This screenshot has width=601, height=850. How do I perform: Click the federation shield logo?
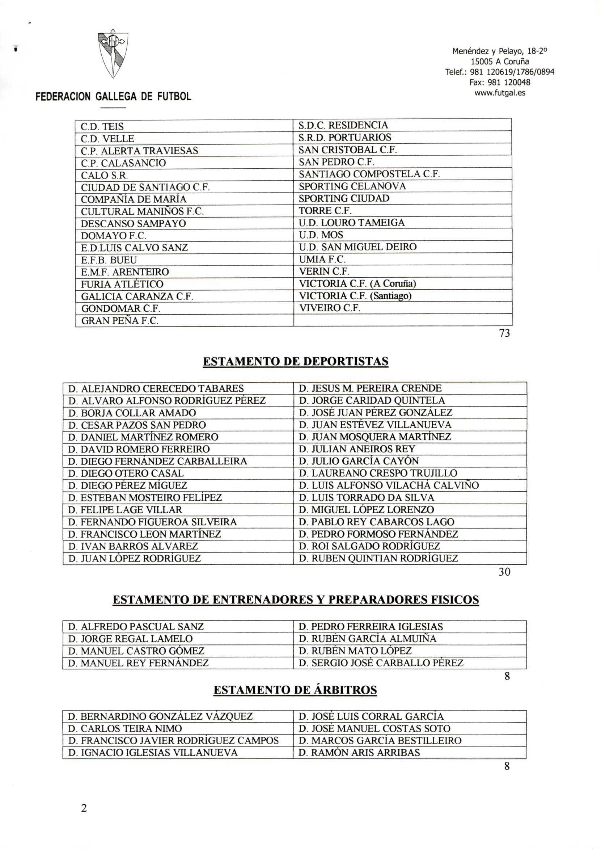pos(113,55)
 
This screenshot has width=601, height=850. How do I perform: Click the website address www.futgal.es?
pos(500,93)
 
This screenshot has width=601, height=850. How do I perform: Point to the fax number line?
pos(500,82)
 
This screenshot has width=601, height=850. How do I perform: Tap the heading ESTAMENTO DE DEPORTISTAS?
pos(296,361)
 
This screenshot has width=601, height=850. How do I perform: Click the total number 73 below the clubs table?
pos(504,333)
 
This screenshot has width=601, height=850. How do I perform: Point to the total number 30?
pos(504,572)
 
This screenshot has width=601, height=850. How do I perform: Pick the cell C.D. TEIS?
pos(102,127)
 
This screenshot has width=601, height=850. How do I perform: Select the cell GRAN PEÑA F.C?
pos(119,321)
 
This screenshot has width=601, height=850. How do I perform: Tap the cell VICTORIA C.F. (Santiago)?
pos(355,296)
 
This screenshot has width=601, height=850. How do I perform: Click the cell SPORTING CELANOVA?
pos(352,186)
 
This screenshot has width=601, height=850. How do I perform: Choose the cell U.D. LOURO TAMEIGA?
pos(352,223)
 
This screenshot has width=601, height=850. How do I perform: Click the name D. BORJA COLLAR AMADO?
pos(132,413)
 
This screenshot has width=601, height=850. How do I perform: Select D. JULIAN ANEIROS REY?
pos(357,449)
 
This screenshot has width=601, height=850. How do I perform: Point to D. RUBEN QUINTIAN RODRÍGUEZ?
pos(378,558)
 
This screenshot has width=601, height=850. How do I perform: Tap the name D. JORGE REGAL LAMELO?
pos(130,639)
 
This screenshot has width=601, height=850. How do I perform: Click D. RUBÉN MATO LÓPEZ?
pos(355,651)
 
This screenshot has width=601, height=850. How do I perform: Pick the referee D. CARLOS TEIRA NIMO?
pos(125,729)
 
